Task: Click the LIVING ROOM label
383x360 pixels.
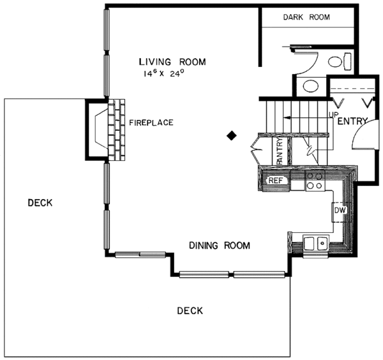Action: point(172,62)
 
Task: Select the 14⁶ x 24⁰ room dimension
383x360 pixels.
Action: point(164,74)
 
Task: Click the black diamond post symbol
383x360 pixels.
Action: point(232,135)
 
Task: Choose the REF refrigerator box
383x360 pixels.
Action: point(275,181)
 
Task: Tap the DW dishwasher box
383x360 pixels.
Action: point(340,209)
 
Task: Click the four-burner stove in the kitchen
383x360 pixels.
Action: point(313,181)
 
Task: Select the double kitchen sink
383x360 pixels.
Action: point(316,243)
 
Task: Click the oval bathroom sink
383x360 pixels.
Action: point(310,86)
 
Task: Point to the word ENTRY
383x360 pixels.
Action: point(350,121)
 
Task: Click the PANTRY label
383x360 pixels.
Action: point(280,153)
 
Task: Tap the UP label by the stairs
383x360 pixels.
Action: point(333,115)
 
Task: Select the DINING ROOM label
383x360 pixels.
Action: point(218,245)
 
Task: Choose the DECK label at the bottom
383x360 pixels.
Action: point(190,311)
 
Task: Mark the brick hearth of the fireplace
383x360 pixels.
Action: point(117,130)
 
